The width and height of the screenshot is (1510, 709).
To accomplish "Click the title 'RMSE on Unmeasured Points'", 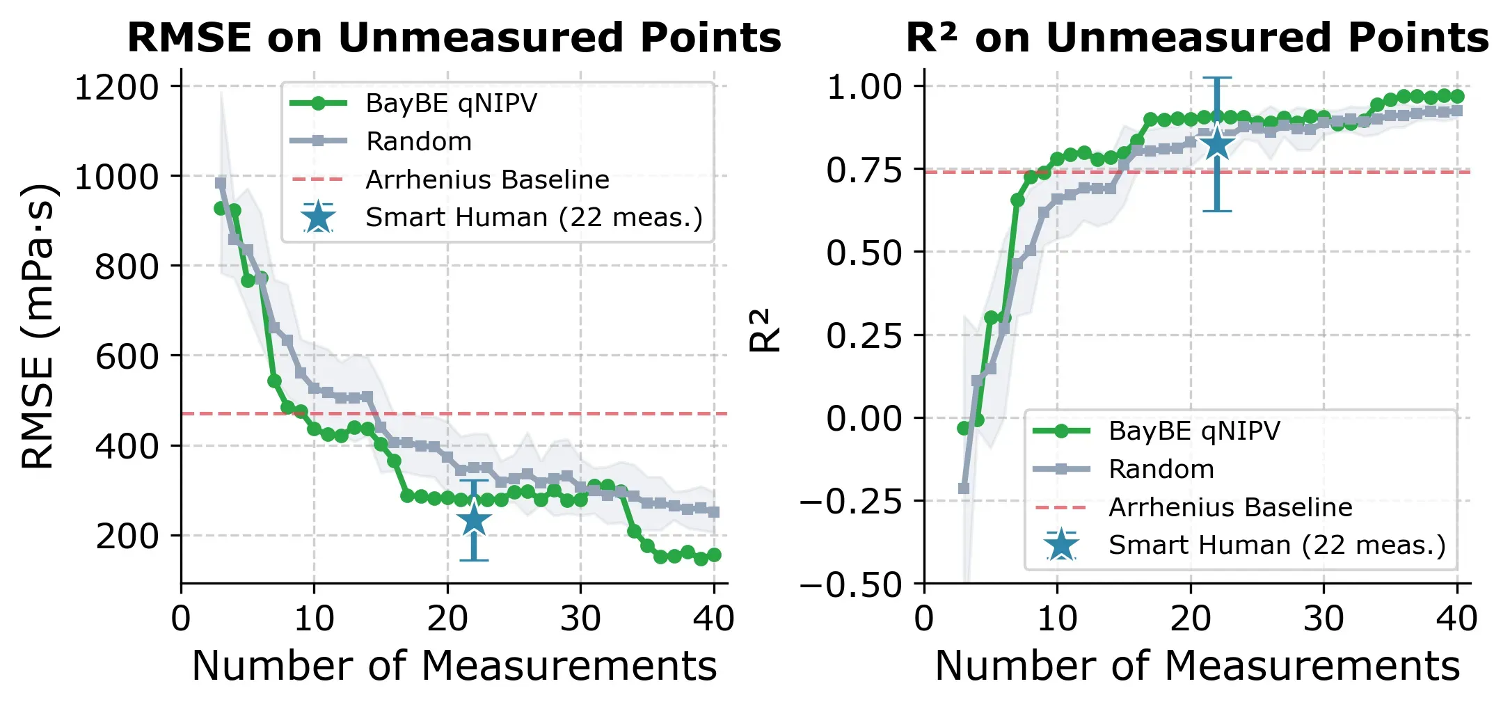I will click(x=454, y=38).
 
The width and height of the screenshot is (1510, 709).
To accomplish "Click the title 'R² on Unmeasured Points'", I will click(x=1197, y=38).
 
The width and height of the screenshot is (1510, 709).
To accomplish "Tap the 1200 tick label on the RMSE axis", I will click(x=116, y=88).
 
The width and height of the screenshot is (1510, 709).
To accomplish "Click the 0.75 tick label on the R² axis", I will click(x=864, y=170).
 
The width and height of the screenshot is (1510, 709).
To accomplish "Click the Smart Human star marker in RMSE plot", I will click(x=474, y=520).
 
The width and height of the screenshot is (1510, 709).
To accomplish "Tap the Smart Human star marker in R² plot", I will click(x=1217, y=145).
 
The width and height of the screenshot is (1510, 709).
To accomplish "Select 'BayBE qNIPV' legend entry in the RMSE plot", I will click(x=451, y=104).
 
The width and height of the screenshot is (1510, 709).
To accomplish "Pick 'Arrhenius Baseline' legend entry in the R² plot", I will click(x=1230, y=507).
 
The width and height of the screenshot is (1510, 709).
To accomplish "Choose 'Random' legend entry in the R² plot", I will click(x=1161, y=469).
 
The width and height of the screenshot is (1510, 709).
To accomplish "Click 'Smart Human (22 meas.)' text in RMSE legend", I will click(x=534, y=218).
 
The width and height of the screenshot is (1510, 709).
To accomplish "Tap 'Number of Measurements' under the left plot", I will click(x=454, y=666).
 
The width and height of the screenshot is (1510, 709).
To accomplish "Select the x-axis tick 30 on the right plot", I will click(x=1324, y=619).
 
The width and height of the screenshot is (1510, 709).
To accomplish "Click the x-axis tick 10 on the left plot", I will click(x=314, y=619).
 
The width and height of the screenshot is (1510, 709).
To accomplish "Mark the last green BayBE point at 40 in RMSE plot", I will click(x=714, y=555).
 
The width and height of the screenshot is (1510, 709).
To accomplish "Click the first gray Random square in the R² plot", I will click(x=964, y=488).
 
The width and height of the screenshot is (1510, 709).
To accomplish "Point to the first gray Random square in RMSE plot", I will click(x=221, y=183).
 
